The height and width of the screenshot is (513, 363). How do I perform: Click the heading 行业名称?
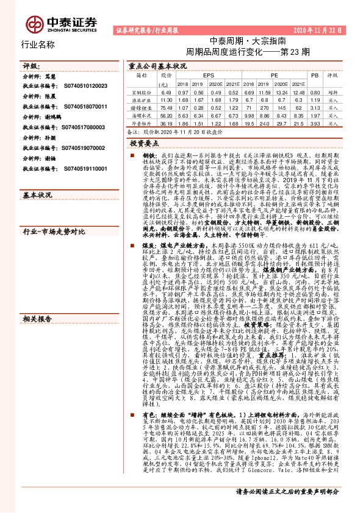38,44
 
